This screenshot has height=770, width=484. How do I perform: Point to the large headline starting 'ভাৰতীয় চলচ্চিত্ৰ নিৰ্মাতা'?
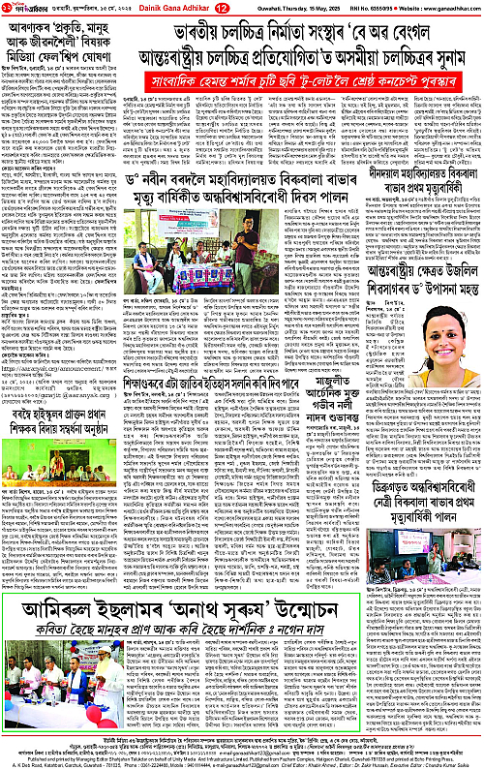coord(301,35)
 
